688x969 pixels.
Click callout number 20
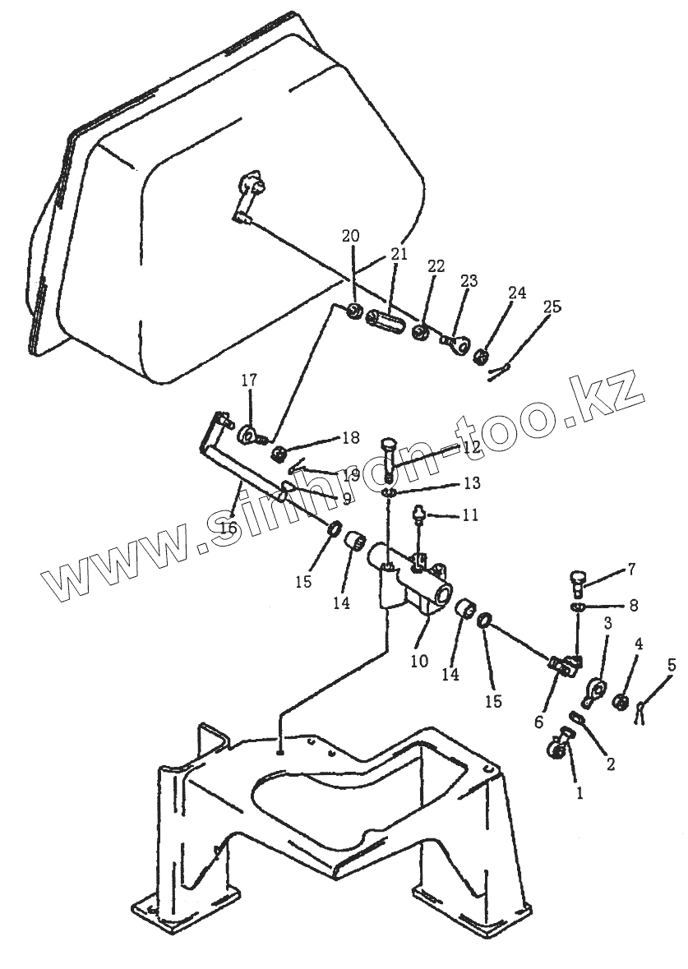pos(351,236)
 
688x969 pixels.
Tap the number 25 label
pos(552,307)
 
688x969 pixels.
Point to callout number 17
pos(249,381)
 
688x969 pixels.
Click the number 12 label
pos(471,448)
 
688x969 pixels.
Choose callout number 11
pos(469,515)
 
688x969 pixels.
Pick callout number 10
pos(419,660)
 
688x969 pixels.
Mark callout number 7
pos(631,568)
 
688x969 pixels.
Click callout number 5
pos(672,665)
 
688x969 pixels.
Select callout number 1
pos(579,794)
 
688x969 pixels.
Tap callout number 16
pos(228,527)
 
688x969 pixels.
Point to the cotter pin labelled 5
pos(642,708)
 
